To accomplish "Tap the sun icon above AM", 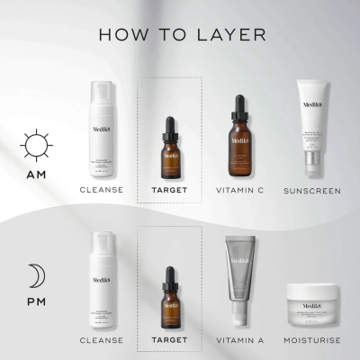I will coord(36,144).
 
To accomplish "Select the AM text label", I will coord(36,172).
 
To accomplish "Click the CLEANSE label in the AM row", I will coord(102,191).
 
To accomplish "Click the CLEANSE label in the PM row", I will coord(102,340).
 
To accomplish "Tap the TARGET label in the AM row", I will coord(169,191).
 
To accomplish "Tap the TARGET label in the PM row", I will coord(169,340).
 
